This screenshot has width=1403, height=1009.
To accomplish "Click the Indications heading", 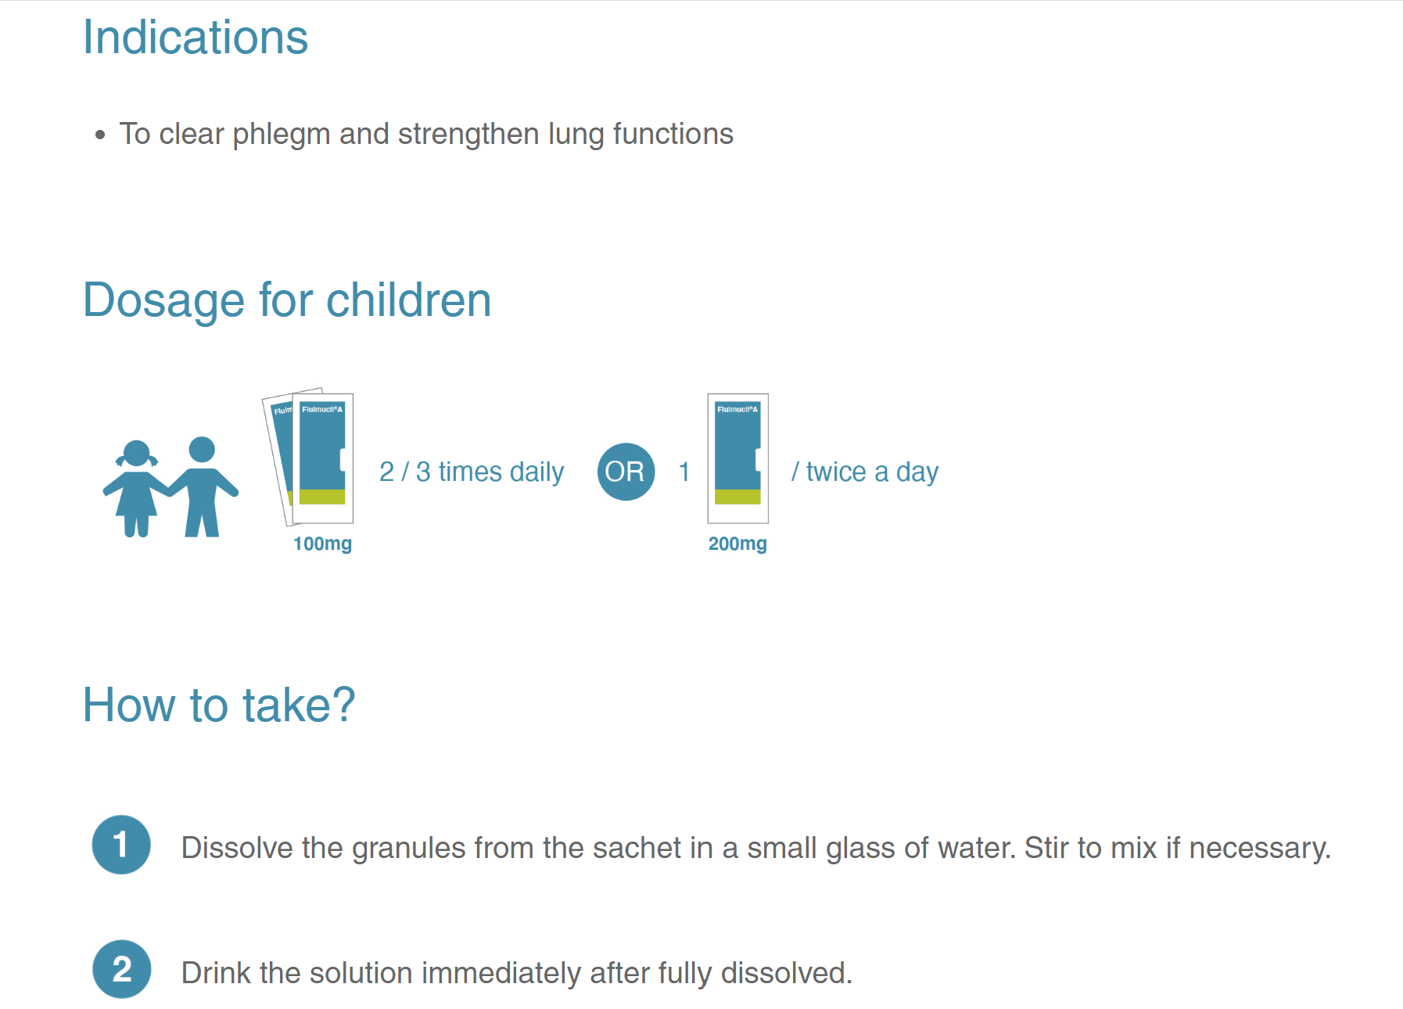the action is (196, 38).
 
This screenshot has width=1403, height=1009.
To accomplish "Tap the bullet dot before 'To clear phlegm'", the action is (99, 135).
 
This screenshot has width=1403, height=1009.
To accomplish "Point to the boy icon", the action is (203, 487).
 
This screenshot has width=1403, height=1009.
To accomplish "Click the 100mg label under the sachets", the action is (322, 544).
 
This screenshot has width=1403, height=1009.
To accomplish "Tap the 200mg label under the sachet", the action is (737, 544).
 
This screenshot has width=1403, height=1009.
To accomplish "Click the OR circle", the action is (626, 472).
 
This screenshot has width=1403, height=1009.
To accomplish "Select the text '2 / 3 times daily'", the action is (472, 472).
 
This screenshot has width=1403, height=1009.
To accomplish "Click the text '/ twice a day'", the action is (865, 472).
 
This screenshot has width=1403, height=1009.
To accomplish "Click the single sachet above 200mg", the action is (737, 458).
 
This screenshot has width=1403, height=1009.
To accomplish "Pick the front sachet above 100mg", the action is (322, 458).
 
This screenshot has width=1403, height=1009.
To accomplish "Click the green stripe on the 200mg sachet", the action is (737, 497).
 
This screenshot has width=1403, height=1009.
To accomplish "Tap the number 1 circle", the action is (121, 845).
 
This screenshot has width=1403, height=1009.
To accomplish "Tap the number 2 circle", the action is (121, 969).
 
